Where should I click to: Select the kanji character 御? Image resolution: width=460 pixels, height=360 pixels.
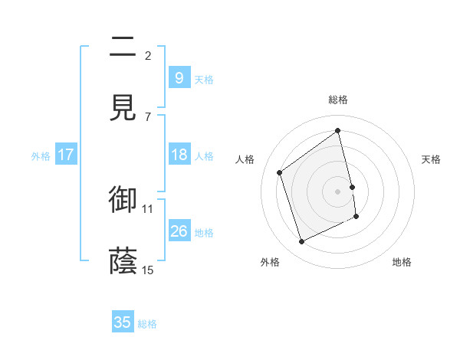(x=123, y=199)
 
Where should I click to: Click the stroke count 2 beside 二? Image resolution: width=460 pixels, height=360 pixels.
(x=148, y=55)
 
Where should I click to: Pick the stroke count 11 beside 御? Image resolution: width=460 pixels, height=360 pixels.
(x=148, y=208)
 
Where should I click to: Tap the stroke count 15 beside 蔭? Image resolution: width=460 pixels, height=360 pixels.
(x=148, y=270)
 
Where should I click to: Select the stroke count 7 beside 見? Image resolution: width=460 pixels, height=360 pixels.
(x=148, y=116)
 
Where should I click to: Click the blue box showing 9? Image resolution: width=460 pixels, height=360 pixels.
(x=179, y=78)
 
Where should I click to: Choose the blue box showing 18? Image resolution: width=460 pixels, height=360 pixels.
(x=179, y=155)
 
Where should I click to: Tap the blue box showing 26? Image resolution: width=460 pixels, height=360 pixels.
(x=179, y=231)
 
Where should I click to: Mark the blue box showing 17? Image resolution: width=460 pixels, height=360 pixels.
(x=65, y=155)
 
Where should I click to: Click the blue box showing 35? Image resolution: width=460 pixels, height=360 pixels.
(x=123, y=322)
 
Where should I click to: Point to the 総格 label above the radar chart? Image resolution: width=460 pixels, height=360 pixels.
(x=338, y=100)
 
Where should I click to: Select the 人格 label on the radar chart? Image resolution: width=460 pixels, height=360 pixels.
(x=245, y=159)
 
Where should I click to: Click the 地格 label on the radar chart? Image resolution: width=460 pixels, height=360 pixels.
(x=402, y=262)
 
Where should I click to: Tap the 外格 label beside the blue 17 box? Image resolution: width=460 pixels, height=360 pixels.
(x=41, y=156)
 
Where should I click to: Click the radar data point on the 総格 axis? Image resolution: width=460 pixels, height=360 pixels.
(x=338, y=130)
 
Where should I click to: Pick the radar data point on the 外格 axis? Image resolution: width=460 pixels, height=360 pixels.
(x=301, y=242)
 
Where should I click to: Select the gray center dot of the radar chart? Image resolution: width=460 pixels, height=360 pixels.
(x=338, y=191)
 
